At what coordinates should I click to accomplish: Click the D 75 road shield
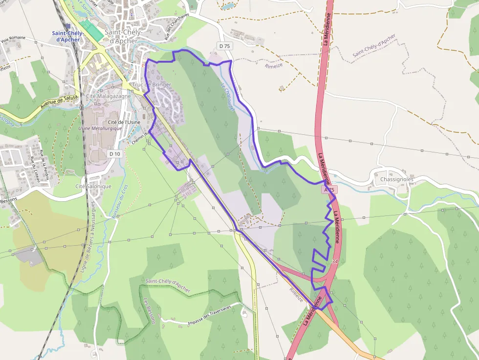pos(225,46)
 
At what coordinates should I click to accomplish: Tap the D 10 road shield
pos(115,154)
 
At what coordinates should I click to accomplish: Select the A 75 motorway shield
pos(329,190)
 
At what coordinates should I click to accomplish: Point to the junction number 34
pos(335,262)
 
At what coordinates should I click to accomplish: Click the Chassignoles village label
pos(396,179)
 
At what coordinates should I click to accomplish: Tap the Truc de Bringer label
pos(152,85)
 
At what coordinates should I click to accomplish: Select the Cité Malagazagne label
pos(108,97)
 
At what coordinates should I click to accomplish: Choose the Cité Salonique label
pos(93,187)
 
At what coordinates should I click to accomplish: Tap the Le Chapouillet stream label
pos(228,98)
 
